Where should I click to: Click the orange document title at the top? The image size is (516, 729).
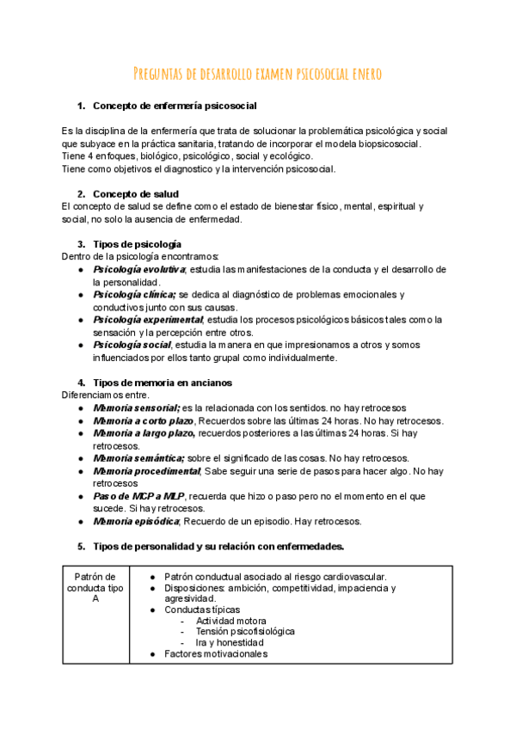[x=258, y=75]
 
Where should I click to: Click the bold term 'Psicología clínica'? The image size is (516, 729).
[x=134, y=295]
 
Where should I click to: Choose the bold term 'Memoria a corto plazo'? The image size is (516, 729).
[x=144, y=421]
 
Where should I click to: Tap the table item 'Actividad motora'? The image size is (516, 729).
[x=230, y=621]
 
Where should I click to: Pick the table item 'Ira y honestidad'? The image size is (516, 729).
[x=230, y=642]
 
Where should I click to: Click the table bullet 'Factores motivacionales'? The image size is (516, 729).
[x=215, y=653]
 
